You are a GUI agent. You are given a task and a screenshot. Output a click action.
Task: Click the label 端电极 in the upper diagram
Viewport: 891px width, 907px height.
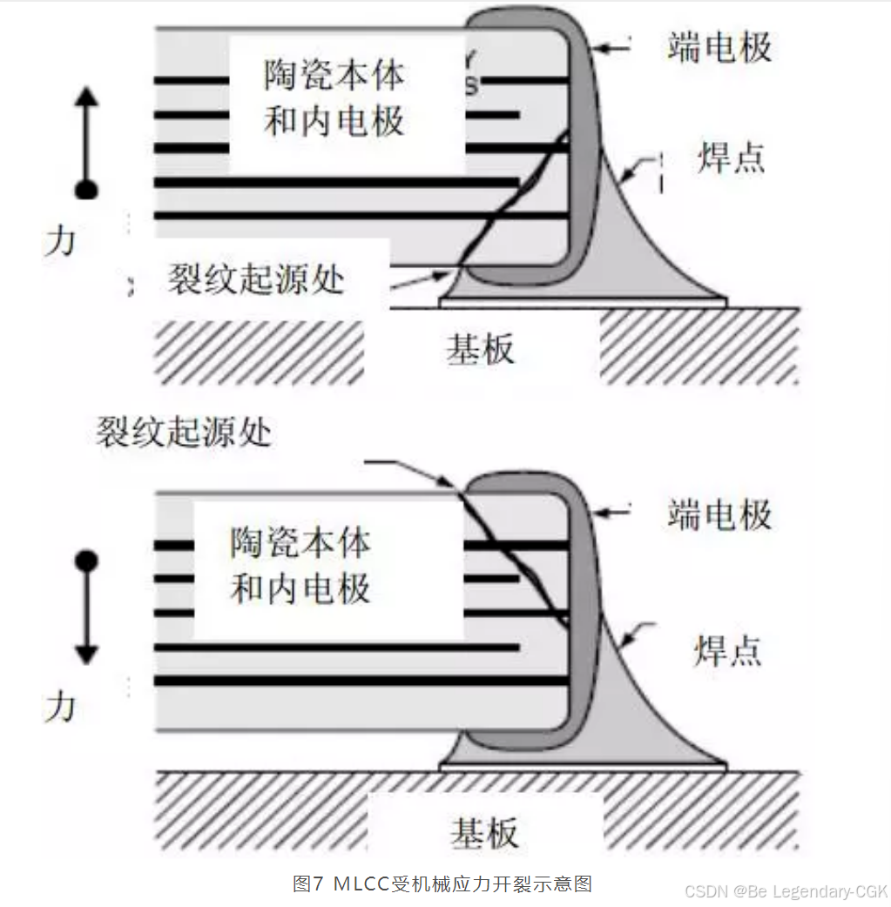(x=719, y=47)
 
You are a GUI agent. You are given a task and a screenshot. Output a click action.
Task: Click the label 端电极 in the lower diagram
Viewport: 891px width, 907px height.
(x=719, y=514)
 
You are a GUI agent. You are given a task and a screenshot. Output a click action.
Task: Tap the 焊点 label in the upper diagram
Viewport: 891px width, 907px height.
(x=731, y=158)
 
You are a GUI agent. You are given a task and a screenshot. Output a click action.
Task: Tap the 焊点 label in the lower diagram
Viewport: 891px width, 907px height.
(x=727, y=650)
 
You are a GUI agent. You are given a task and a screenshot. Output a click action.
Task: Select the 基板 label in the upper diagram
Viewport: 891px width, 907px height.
(x=480, y=349)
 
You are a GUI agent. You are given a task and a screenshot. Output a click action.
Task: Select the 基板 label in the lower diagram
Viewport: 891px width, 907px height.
(x=484, y=833)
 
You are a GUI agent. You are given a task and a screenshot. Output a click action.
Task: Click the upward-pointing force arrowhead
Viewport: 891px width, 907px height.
(x=85, y=96)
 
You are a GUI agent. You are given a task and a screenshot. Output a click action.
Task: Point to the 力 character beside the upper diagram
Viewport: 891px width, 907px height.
(x=60, y=239)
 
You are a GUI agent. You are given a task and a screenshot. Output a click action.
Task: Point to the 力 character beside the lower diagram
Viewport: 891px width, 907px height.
(x=60, y=706)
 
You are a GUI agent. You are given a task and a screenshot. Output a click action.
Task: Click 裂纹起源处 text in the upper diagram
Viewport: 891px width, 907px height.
(x=256, y=279)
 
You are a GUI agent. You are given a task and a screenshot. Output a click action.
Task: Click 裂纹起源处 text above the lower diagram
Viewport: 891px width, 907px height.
(x=184, y=432)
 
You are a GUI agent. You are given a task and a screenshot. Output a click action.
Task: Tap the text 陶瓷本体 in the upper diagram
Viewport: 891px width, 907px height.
(x=334, y=76)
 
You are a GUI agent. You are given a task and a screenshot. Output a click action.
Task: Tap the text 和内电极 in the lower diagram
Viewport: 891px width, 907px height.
(x=300, y=588)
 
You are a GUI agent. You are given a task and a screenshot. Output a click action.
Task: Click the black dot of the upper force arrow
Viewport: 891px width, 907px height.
(x=85, y=189)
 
